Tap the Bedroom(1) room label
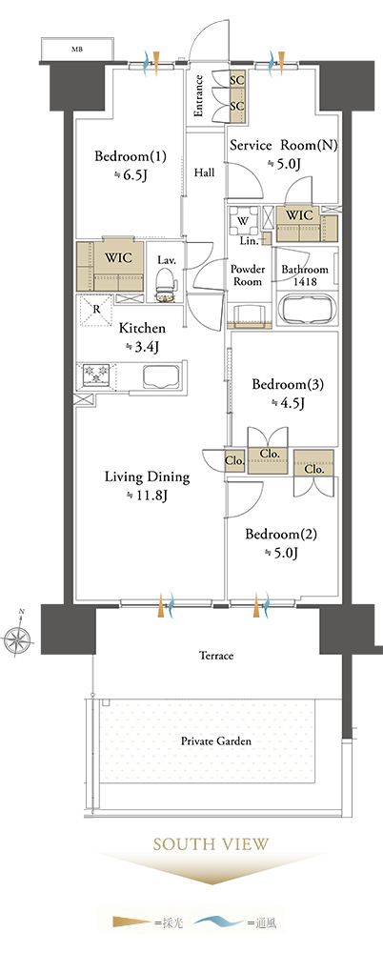click(131, 157)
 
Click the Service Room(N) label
click(283, 146)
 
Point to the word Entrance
click(199, 95)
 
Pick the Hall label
click(204, 172)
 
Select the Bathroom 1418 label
click(305, 275)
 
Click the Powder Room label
click(248, 275)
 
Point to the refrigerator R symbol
click(95, 310)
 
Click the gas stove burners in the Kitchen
click(96, 374)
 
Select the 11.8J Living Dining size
click(146, 496)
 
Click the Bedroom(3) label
click(288, 385)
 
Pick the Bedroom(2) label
click(281, 535)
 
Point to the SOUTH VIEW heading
click(211, 844)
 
